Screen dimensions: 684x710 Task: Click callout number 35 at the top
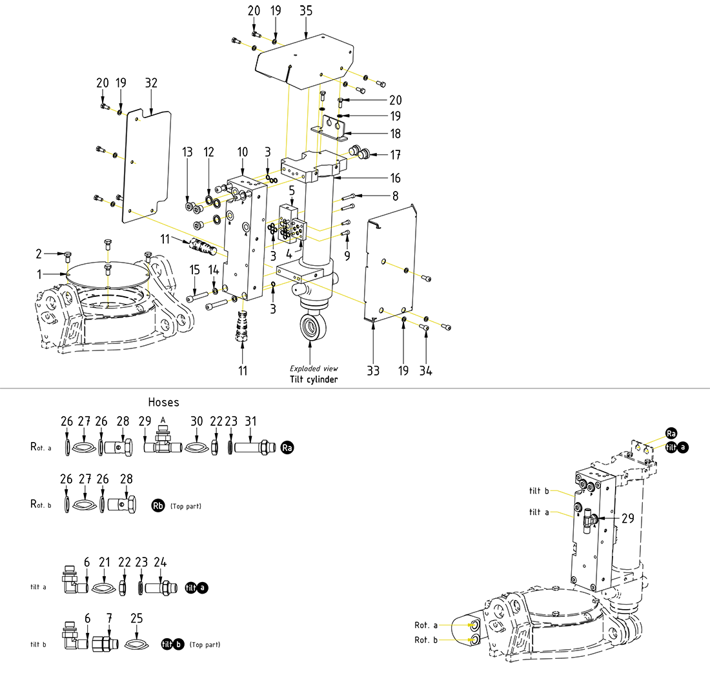click(306, 11)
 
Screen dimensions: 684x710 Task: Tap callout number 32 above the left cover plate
click(152, 83)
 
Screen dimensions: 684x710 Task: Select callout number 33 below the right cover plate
click(374, 371)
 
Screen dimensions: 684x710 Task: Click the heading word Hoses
click(164, 402)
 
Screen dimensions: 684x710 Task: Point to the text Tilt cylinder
click(314, 379)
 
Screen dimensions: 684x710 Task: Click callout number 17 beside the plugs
click(395, 156)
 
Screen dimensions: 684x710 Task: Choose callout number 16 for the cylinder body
click(395, 178)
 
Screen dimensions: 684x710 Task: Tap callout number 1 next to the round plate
click(39, 274)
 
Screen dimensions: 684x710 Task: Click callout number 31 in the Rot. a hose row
click(250, 421)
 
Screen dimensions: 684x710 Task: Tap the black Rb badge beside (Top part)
click(158, 506)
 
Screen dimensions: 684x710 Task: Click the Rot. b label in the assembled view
click(426, 640)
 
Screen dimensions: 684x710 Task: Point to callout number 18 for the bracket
click(395, 134)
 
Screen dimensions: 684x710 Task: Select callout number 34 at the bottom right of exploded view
click(426, 371)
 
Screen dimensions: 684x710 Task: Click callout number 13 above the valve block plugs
click(187, 152)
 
